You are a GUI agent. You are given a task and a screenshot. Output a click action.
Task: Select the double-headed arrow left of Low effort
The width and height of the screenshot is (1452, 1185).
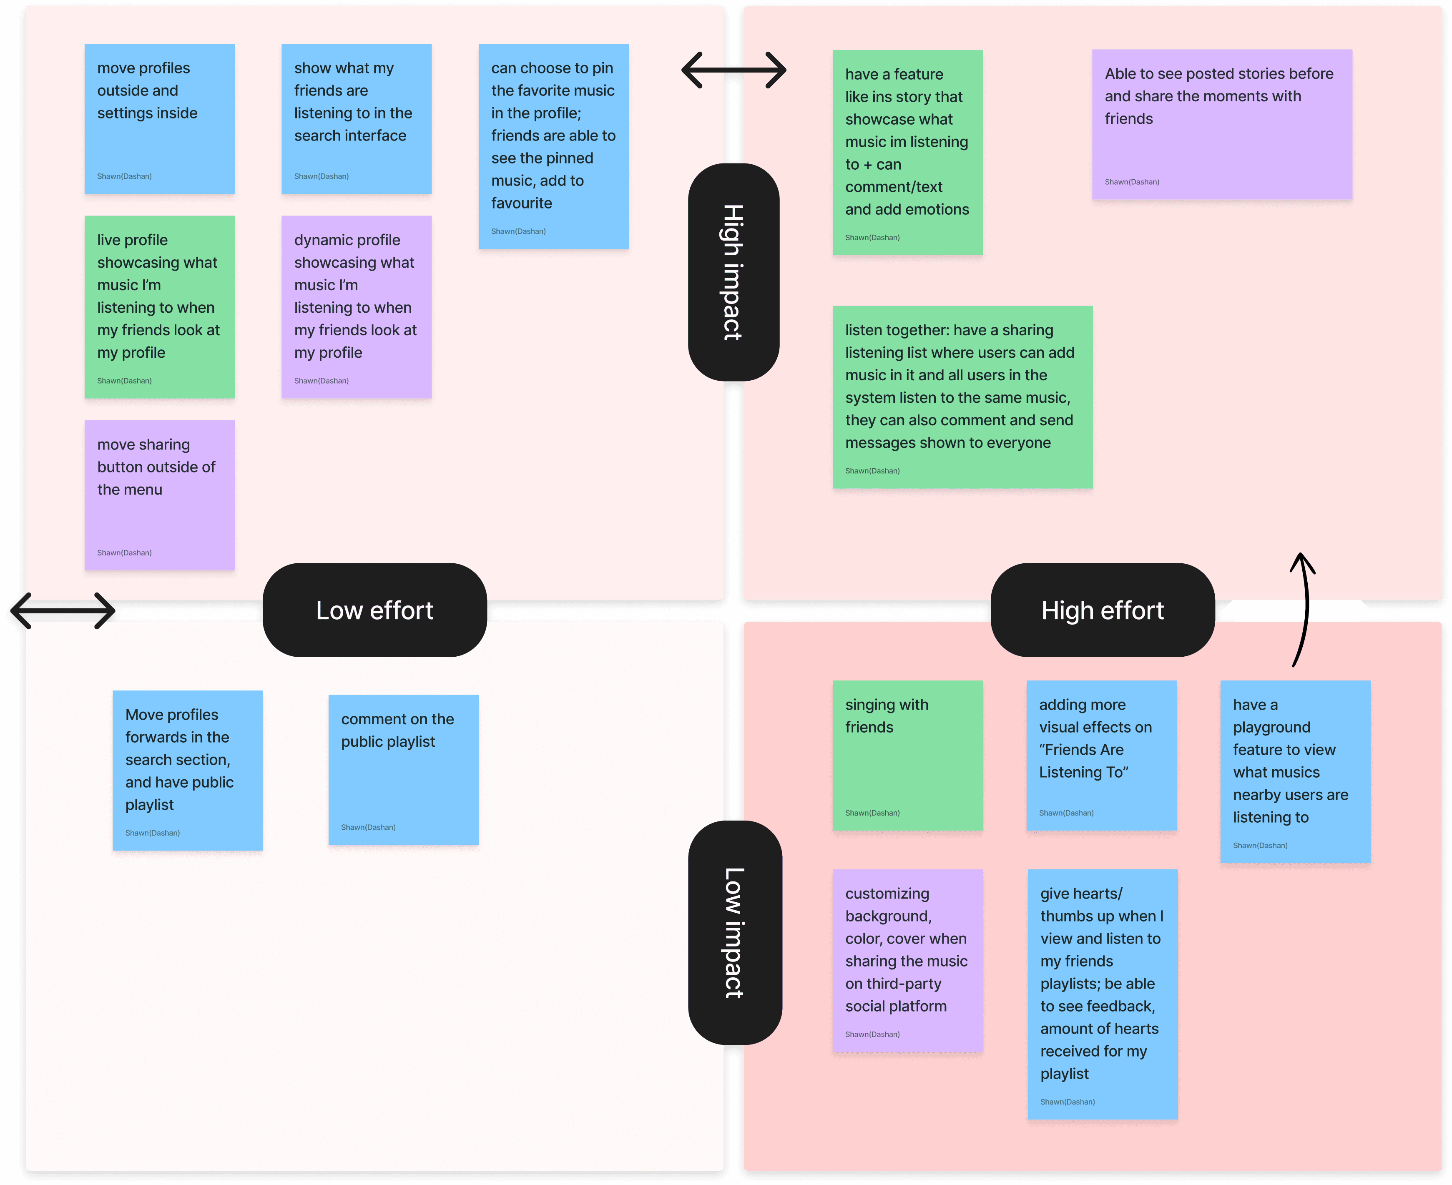coord(63,610)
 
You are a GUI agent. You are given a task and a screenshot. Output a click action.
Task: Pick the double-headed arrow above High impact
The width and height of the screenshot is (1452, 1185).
coord(734,70)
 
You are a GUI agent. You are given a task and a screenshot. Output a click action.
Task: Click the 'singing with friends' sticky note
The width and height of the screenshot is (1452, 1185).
coord(907,755)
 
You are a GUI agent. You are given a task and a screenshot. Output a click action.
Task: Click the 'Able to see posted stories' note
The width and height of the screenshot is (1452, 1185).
coord(1221,124)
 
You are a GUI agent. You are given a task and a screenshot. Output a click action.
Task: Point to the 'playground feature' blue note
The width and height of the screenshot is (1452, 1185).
coord(1295,771)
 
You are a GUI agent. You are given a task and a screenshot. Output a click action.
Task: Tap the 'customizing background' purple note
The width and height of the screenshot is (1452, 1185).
coord(907,960)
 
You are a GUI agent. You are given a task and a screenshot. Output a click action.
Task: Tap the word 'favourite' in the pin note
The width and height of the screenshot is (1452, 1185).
coord(522,203)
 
